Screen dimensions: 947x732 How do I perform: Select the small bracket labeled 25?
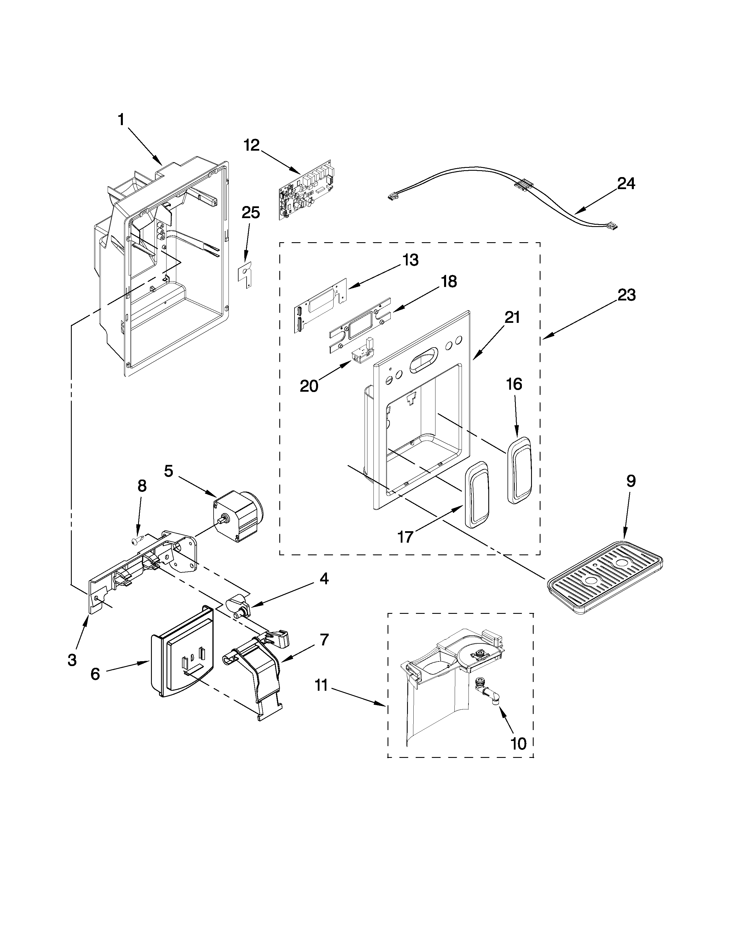[246, 273]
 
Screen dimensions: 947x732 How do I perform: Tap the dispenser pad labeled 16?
[519, 470]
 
